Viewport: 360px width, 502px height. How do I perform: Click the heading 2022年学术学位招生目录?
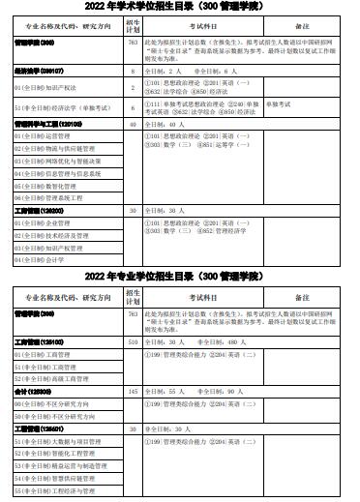(180, 8)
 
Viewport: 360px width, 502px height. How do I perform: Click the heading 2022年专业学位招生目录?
(180, 278)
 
